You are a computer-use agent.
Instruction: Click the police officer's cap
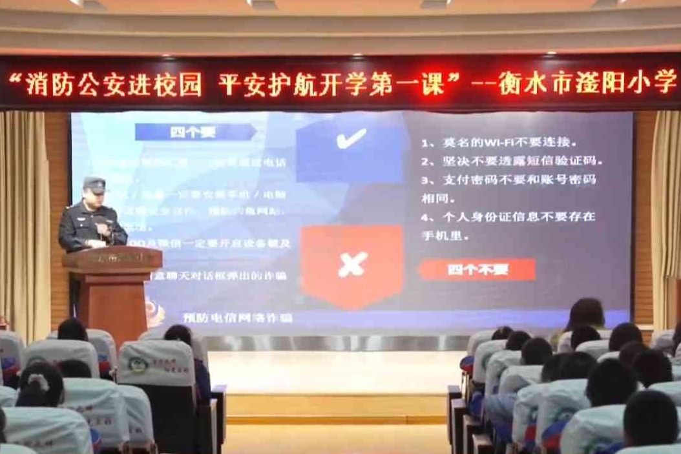pyautogui.click(x=94, y=185)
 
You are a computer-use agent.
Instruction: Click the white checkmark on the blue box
pyautogui.click(x=351, y=138)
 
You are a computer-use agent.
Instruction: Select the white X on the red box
pyautogui.click(x=352, y=264)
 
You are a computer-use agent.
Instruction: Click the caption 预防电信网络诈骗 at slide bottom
pyautogui.click(x=238, y=317)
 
